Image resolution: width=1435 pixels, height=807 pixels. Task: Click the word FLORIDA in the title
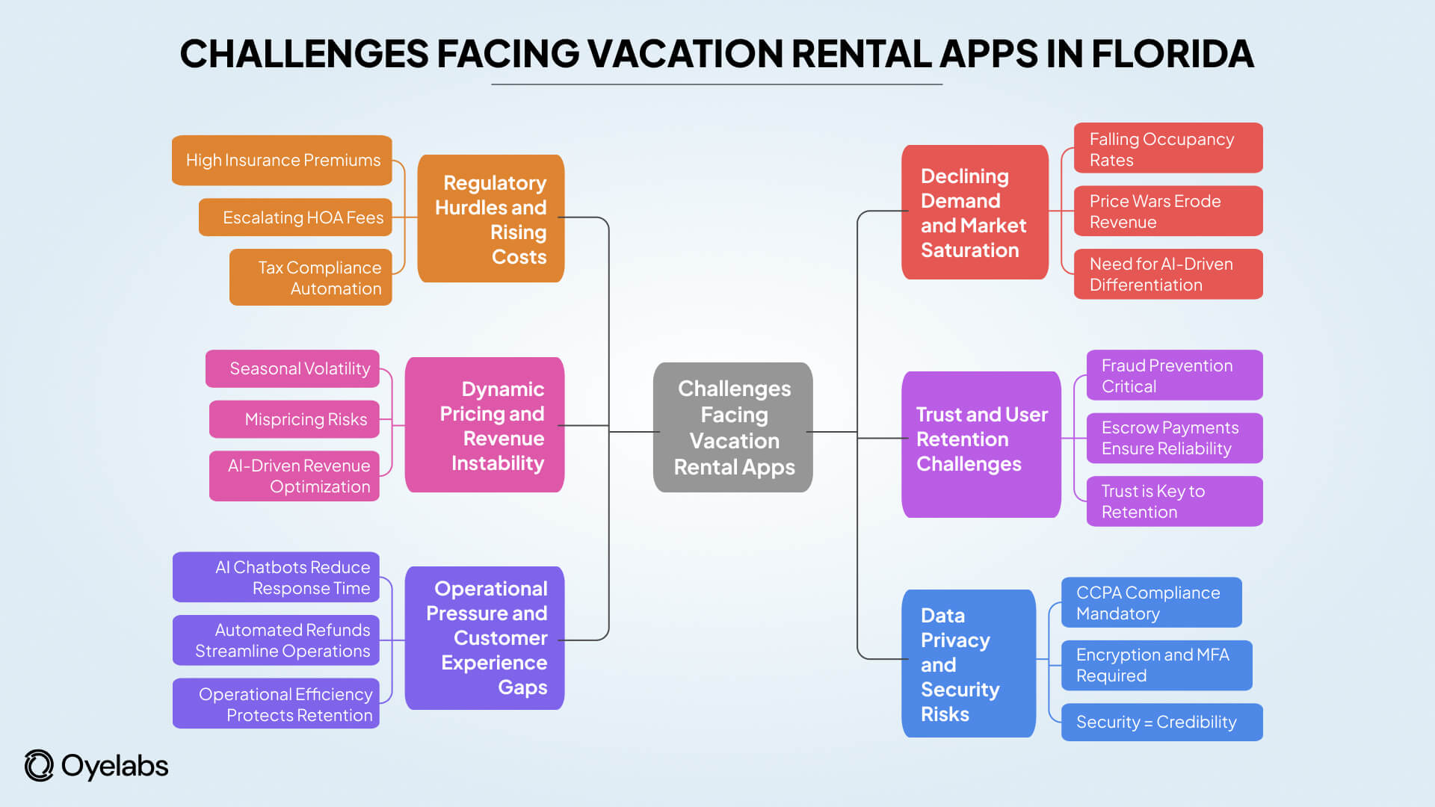pos(1172,54)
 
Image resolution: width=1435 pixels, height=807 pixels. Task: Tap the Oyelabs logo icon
pos(39,766)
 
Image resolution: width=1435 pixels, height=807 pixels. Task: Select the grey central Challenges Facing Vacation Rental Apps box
pos(732,427)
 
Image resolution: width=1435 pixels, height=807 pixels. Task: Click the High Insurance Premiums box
pos(282,160)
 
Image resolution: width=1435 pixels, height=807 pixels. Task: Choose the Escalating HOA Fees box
pos(295,217)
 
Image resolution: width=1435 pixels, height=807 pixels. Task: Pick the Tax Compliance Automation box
pos(311,277)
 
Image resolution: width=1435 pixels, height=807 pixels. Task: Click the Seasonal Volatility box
pos(292,368)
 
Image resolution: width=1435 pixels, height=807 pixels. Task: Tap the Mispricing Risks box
pos(294,419)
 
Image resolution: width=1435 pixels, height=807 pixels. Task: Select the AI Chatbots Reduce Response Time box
pos(276,577)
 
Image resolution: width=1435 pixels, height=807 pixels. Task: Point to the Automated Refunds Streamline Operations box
pos(276,640)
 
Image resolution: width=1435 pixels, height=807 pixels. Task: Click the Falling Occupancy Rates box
pos(1167,149)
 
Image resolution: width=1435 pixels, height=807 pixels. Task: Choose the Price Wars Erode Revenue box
pos(1167,211)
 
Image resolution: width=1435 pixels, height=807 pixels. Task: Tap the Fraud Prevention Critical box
pos(1173,375)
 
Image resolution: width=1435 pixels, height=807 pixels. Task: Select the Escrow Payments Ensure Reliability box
pos(1173,438)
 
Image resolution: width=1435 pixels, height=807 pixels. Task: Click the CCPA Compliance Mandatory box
pos(1151,602)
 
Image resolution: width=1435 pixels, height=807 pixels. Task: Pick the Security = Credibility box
pos(1161,722)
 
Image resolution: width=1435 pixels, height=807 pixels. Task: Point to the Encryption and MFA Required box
pos(1156,665)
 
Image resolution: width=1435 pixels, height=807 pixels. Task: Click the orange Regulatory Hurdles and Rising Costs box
pos(491,219)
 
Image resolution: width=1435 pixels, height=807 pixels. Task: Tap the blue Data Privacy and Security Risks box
pos(968,664)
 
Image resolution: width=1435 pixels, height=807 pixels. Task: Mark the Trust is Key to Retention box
pos(1173,501)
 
